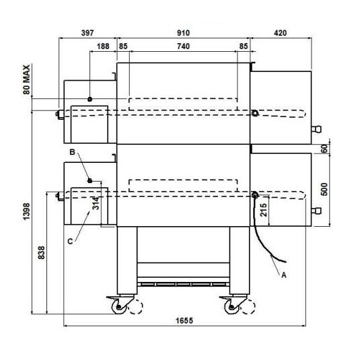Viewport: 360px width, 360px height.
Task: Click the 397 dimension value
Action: pos(87,33)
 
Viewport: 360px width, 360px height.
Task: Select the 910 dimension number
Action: pos(183,33)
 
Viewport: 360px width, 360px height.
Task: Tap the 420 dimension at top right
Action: pos(280,33)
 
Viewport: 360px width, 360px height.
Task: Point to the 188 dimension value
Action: pos(103,46)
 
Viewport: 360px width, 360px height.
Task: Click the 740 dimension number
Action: pos(183,46)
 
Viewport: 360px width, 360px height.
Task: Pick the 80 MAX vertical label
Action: pos(27,79)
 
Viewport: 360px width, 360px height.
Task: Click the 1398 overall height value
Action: pos(27,211)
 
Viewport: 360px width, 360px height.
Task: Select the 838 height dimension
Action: pos(42,253)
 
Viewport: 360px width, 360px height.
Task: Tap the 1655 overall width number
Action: pos(184,321)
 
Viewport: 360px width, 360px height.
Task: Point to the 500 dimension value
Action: pos(324,189)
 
